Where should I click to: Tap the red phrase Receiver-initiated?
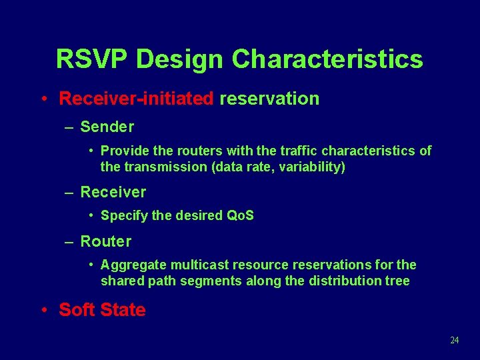pyautogui.click(x=136, y=99)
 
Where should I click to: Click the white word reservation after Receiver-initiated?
pyautogui.click(x=269, y=99)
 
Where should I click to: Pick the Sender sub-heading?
pyautogui.click(x=107, y=127)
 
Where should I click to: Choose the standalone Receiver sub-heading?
pyautogui.click(x=113, y=192)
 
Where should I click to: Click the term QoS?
pyautogui.click(x=240, y=215)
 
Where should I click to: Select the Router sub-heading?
pyautogui.click(x=105, y=241)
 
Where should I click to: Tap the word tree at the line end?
pyautogui.click(x=397, y=281)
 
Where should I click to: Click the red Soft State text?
pyautogui.click(x=102, y=310)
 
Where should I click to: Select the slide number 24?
pyautogui.click(x=455, y=340)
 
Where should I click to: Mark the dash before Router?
pyautogui.click(x=69, y=242)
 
